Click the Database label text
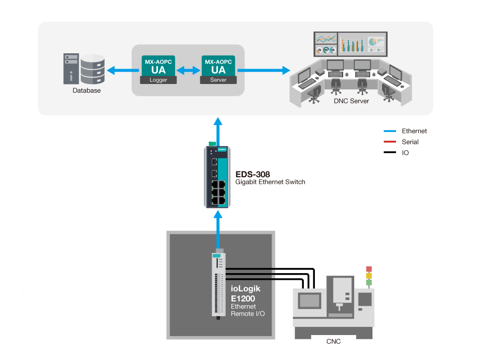[x=86, y=90]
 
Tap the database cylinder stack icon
[x=93, y=69]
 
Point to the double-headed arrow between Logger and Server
[x=188, y=71]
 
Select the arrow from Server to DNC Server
[x=264, y=71]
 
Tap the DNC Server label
[x=351, y=101]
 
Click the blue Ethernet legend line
[x=390, y=131]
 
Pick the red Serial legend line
[x=390, y=142]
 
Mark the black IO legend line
[x=390, y=153]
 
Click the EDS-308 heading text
[x=252, y=174]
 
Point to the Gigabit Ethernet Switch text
[x=270, y=182]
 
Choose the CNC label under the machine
[x=333, y=342]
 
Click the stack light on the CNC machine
[x=369, y=275]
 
